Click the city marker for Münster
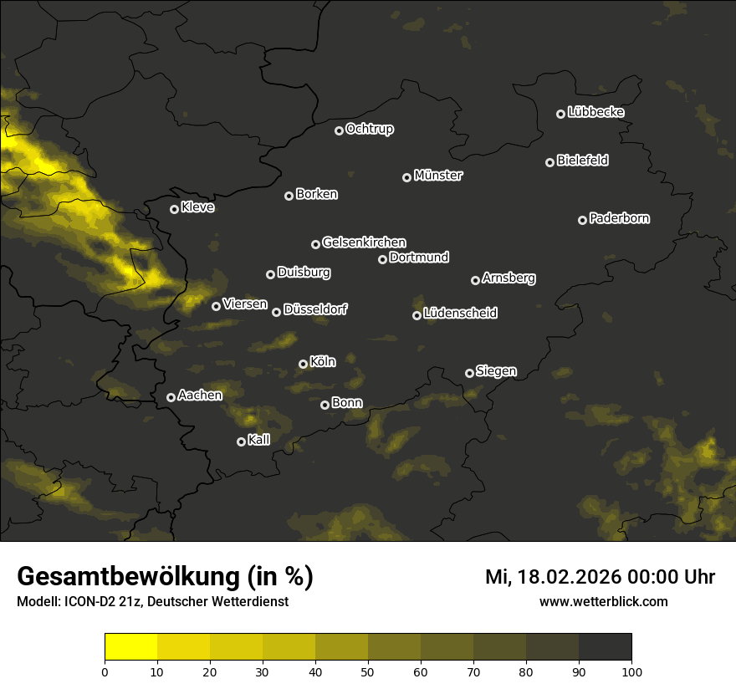[x=407, y=177]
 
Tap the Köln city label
[x=323, y=362]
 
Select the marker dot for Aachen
[x=171, y=397]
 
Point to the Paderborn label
[x=620, y=218]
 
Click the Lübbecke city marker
[x=560, y=114]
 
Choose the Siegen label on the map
[x=496, y=371]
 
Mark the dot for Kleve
[x=174, y=209]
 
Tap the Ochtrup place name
[x=370, y=129]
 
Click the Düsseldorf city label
[x=315, y=309]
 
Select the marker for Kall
[x=241, y=441]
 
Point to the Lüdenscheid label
[x=461, y=314]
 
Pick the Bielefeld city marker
[x=549, y=162]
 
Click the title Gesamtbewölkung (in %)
[x=165, y=577]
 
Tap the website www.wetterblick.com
[x=604, y=601]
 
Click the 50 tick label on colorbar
[x=368, y=671]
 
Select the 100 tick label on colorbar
[x=631, y=671]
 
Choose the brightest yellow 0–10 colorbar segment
[x=131, y=646]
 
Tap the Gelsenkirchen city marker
[x=315, y=244]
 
